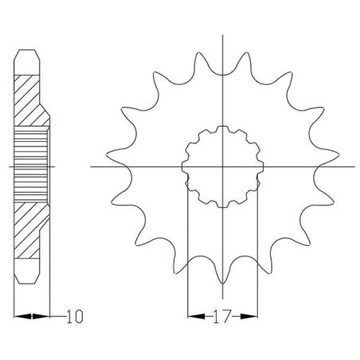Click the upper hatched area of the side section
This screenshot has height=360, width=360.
(29, 100)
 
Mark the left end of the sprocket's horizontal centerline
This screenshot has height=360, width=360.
(92, 167)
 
